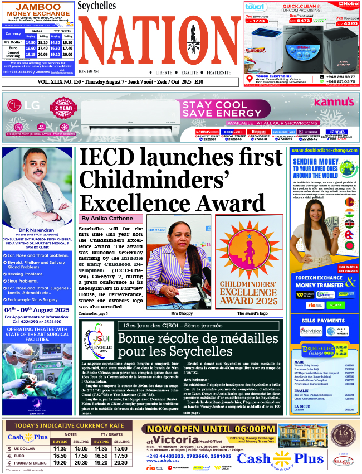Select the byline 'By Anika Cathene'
pos(107,218)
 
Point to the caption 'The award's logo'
pos(252,313)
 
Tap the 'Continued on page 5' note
pos(93,313)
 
